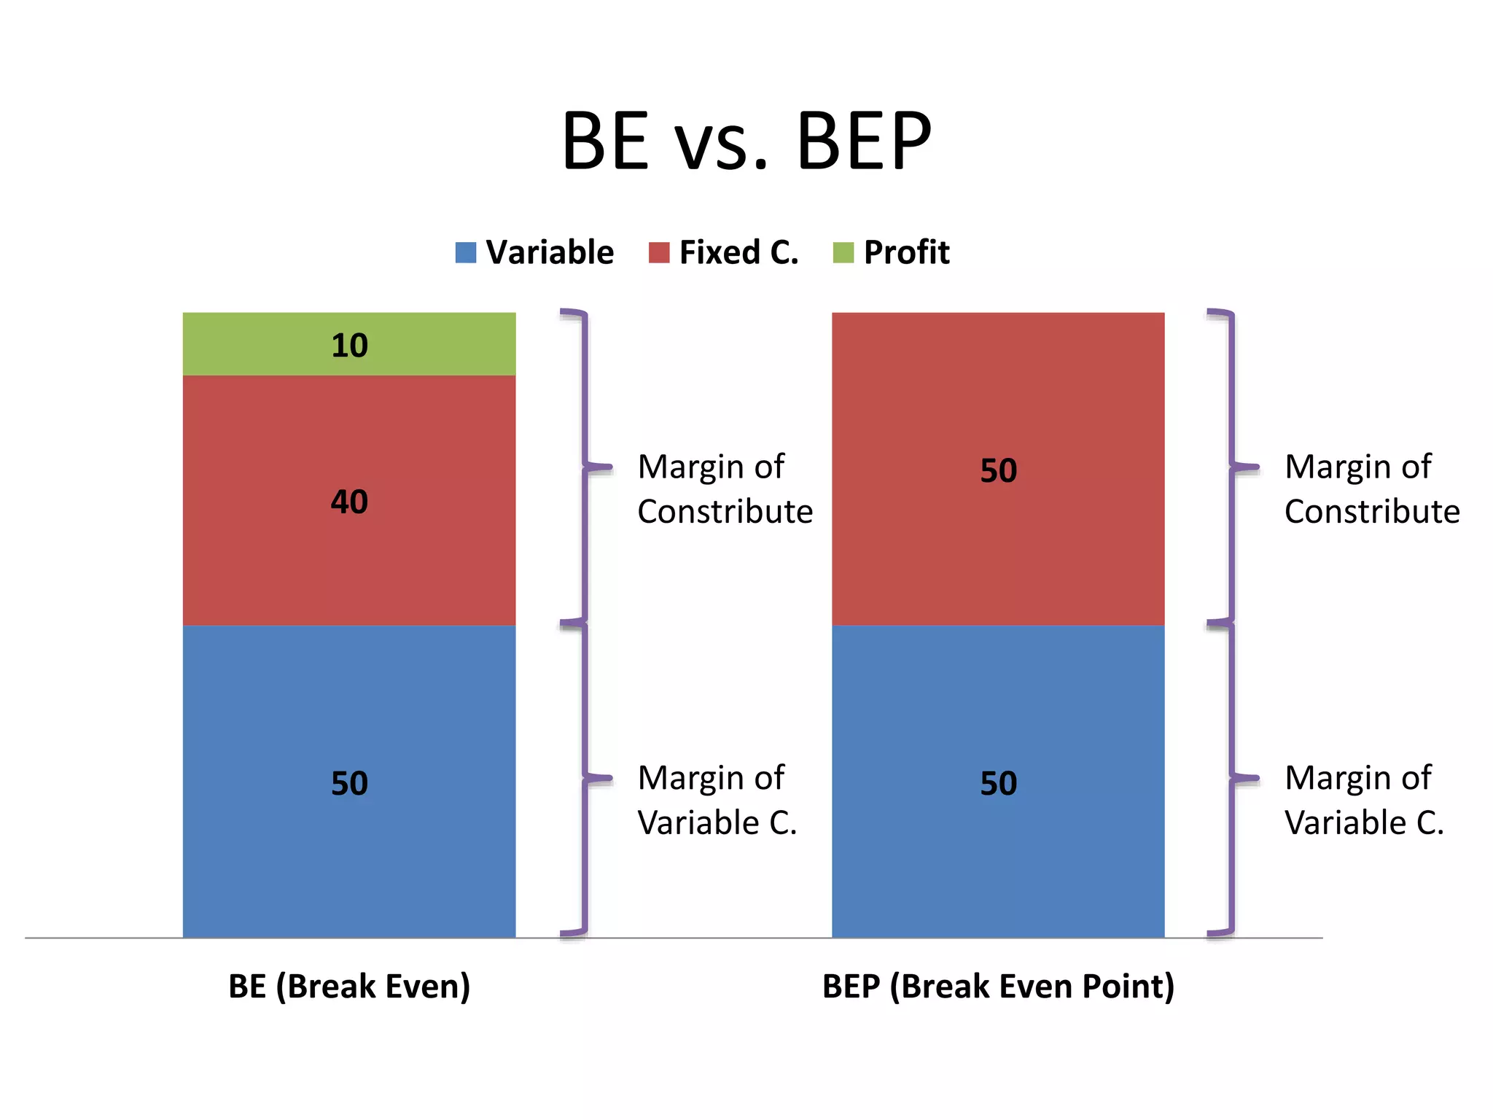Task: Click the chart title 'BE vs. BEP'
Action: tap(746, 141)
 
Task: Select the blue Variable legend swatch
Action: tap(465, 252)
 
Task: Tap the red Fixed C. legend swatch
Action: tap(658, 252)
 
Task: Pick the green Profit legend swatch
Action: tap(843, 252)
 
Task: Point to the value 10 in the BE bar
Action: tap(349, 346)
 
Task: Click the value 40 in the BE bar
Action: tap(349, 502)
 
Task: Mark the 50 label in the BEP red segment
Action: tap(998, 470)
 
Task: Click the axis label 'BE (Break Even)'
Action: tap(349, 986)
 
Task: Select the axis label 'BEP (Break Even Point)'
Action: tap(998, 986)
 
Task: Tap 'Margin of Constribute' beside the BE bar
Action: tap(725, 489)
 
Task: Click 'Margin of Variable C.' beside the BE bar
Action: tap(717, 800)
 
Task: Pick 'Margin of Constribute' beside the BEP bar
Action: tap(1371, 489)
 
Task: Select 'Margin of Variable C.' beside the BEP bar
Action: tap(1364, 800)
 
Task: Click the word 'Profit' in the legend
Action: tap(906, 252)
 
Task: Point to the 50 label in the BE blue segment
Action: tap(349, 783)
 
